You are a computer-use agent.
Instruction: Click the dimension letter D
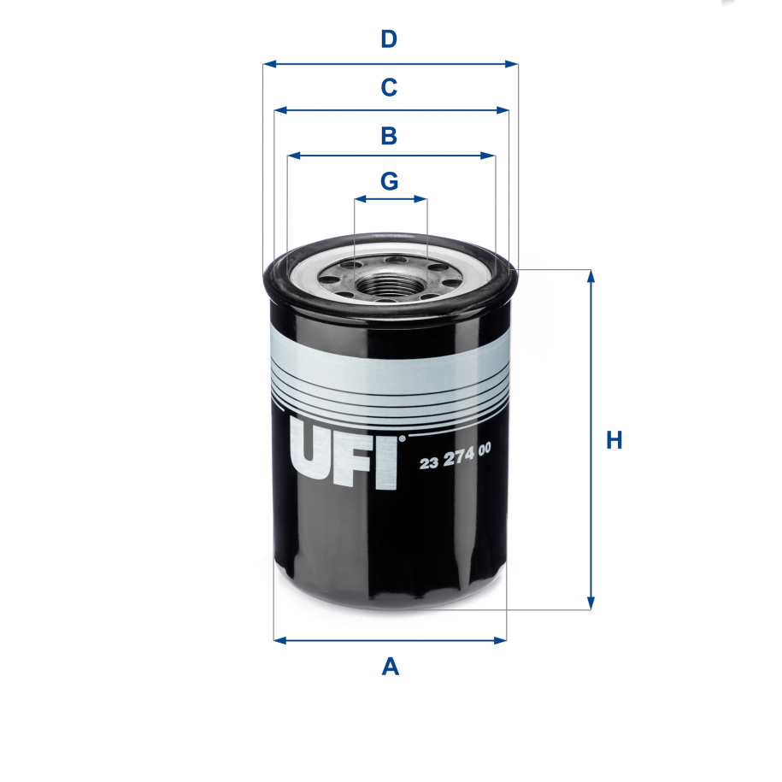389,39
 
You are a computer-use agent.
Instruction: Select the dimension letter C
389,87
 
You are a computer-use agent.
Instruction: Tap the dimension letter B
389,135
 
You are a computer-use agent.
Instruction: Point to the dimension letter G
389,181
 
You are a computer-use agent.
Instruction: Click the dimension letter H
614,441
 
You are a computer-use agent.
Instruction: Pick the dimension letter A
390,666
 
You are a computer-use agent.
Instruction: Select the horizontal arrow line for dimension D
390,64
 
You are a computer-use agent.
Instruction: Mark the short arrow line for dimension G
390,199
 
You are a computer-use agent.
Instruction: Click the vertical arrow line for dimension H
590,441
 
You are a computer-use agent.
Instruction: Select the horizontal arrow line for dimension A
390,639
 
